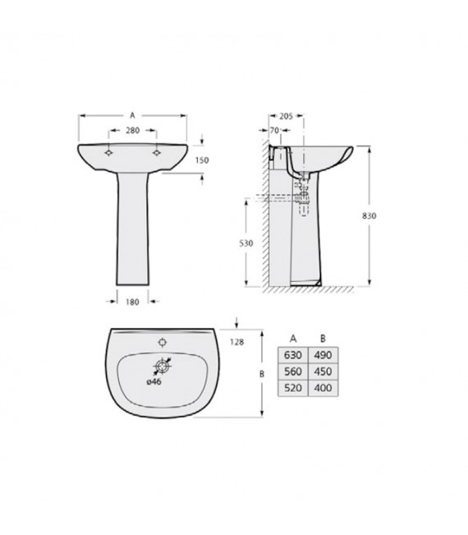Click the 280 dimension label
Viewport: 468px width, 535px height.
click(x=133, y=130)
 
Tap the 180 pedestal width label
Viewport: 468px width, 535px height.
click(x=133, y=301)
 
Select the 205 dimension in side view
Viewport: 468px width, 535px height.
click(x=285, y=115)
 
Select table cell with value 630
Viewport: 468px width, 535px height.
click(x=292, y=354)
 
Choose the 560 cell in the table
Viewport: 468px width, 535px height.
click(x=292, y=370)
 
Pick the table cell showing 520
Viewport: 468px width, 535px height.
click(x=292, y=386)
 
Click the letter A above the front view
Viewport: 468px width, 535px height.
click(x=133, y=116)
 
